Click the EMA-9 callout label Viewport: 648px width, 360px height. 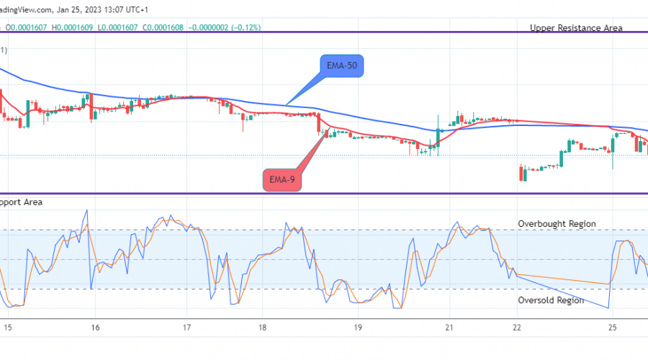pos(282,179)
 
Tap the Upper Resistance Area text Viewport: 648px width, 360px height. pos(576,28)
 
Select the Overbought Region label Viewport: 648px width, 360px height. pos(557,224)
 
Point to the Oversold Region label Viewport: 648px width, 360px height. pos(551,300)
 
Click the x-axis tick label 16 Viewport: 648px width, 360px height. pos(95,327)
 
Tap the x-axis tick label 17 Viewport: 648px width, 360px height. pos(186,327)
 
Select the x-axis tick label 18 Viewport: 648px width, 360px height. pos(263,327)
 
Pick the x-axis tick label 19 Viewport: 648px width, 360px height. pos(356,327)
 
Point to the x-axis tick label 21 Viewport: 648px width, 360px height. pos(448,327)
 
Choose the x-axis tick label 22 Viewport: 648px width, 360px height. pos(516,327)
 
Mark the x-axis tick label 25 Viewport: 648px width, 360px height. pos(611,327)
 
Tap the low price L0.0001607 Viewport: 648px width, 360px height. pos(118,27)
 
